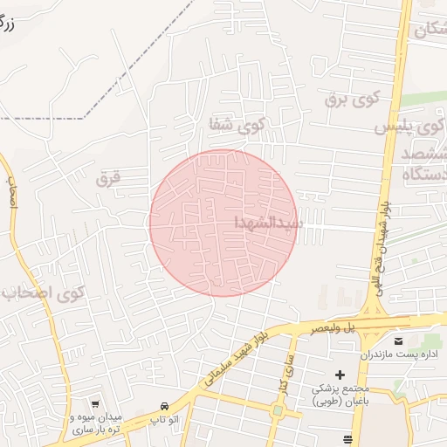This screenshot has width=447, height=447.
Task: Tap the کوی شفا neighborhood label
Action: tap(235, 125)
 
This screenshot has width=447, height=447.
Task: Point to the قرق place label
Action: tap(106, 178)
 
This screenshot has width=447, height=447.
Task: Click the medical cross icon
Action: tap(340, 375)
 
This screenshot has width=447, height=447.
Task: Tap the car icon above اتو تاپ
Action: tap(165, 407)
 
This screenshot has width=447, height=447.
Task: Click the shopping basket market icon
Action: tap(95, 404)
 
